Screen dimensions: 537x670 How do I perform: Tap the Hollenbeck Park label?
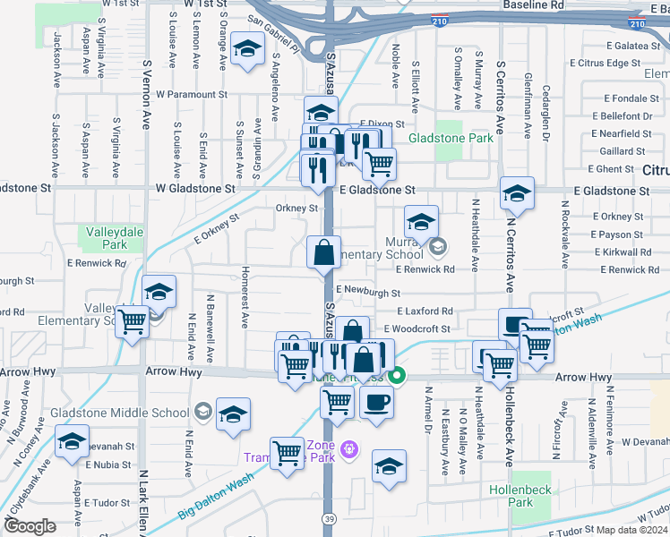coord(511,496)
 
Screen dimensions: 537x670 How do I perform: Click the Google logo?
coord(30,526)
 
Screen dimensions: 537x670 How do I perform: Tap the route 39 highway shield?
coord(329,518)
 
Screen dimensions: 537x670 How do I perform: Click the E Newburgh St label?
coord(367,293)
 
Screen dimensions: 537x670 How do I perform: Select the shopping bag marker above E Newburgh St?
coord(323,252)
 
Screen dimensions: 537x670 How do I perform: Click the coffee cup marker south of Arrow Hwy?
coord(376,402)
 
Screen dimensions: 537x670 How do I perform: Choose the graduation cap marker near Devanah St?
coord(73,442)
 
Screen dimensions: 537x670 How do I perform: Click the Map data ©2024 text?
coord(632,530)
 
